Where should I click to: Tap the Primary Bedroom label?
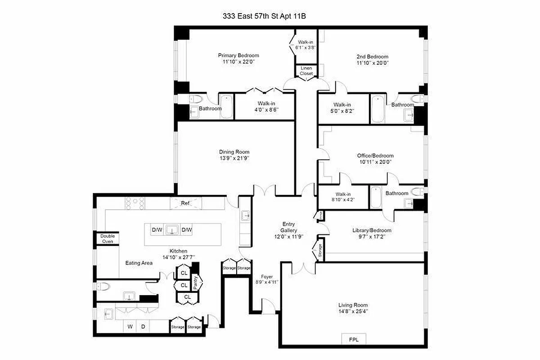click(238, 56)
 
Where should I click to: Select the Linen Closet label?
click(306, 71)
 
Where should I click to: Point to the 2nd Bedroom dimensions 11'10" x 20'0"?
click(372, 63)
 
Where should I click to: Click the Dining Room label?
click(234, 152)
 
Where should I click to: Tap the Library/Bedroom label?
click(372, 230)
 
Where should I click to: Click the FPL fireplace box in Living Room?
click(354, 339)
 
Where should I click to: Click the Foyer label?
click(267, 276)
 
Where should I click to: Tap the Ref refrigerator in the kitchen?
click(185, 203)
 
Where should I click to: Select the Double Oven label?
click(108, 238)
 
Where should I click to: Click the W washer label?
click(130, 326)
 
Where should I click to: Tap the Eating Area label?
click(139, 263)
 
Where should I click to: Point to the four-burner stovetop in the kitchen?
click(136, 203)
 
